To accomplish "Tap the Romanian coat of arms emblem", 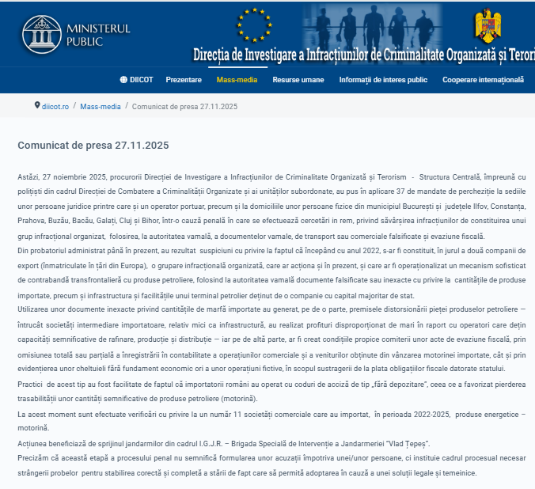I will (x=487, y=26).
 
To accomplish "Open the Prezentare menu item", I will (x=184, y=80).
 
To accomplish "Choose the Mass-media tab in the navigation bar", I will (x=237, y=80).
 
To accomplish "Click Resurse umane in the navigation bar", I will (x=298, y=80).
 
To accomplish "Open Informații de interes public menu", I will (x=383, y=80).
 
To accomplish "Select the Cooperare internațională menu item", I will (x=483, y=80).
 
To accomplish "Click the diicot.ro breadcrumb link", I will (x=55, y=106).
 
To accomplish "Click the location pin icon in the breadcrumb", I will (x=37, y=105).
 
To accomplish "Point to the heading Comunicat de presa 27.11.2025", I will (x=93, y=146).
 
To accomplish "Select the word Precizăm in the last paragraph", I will (x=32, y=458).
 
